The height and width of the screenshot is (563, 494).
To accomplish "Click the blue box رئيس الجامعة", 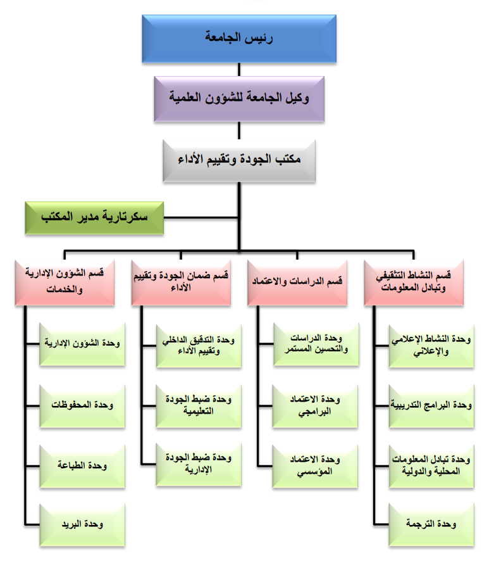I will tap(238, 37).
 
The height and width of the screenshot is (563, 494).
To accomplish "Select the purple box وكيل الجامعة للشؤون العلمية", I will tap(238, 98).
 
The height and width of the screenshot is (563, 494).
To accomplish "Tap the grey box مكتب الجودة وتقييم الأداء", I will tap(238, 158).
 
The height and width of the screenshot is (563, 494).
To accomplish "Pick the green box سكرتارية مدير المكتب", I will tap(94, 217).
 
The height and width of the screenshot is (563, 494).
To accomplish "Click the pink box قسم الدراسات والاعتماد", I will tap(296, 281).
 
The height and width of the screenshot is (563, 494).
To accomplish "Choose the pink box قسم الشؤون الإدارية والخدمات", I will tap(65, 280).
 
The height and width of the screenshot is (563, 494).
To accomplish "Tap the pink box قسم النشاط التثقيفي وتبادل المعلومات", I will tap(415, 281).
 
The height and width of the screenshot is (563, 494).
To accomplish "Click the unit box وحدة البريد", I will tap(82, 525).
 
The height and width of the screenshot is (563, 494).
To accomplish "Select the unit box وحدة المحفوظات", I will tap(82, 405).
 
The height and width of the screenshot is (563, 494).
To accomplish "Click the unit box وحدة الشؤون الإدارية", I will tap(82, 344).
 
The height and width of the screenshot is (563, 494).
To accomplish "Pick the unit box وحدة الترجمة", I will tap(432, 525).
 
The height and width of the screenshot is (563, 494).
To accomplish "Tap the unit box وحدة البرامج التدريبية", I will tap(432, 405).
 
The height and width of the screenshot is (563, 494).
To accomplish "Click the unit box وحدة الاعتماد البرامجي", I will tap(315, 405).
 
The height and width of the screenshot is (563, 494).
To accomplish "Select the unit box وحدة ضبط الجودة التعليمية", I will tap(199, 405).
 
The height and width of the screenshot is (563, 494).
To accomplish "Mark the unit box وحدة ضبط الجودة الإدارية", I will tap(199, 465).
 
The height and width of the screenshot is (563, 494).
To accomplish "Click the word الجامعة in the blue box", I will tap(225, 37).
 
